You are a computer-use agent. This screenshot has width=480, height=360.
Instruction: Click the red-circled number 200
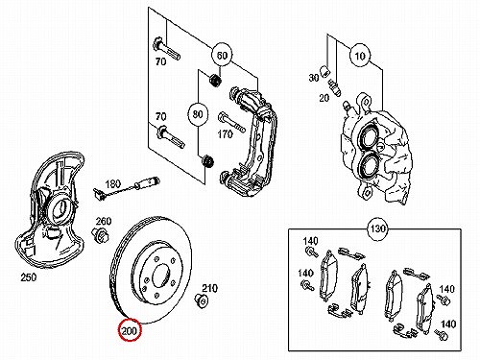pos(130,330)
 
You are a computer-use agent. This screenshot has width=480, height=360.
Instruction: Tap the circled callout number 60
pos(222,55)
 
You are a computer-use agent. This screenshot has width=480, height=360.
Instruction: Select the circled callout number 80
pos(198,114)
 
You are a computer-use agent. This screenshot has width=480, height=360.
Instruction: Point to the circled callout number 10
pos(360,56)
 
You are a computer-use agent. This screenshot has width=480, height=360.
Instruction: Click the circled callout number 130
pos(378,228)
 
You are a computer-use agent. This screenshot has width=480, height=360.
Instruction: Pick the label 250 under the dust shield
pos(29,277)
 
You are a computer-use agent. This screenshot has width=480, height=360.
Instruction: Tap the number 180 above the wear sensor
pos(113,183)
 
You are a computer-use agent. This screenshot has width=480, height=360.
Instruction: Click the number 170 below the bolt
pos(225,134)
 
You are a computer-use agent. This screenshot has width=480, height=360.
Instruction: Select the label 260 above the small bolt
pos(104,221)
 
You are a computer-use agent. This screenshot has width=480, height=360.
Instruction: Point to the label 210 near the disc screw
pos(209,288)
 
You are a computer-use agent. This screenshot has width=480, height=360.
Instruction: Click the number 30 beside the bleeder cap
pos(314,78)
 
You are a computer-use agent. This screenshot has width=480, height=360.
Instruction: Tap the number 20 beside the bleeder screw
pos(324,98)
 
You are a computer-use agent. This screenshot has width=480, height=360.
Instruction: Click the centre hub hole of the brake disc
pos(160,276)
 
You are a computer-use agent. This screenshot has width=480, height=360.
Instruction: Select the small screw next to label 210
pos(201,300)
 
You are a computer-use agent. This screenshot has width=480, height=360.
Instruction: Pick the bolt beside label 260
pos(100,235)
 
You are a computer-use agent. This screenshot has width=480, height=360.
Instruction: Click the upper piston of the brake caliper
pos(369,137)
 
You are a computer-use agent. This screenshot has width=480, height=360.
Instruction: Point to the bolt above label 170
pos(231,122)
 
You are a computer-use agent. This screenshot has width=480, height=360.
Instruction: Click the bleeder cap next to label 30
pos(324,71)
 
